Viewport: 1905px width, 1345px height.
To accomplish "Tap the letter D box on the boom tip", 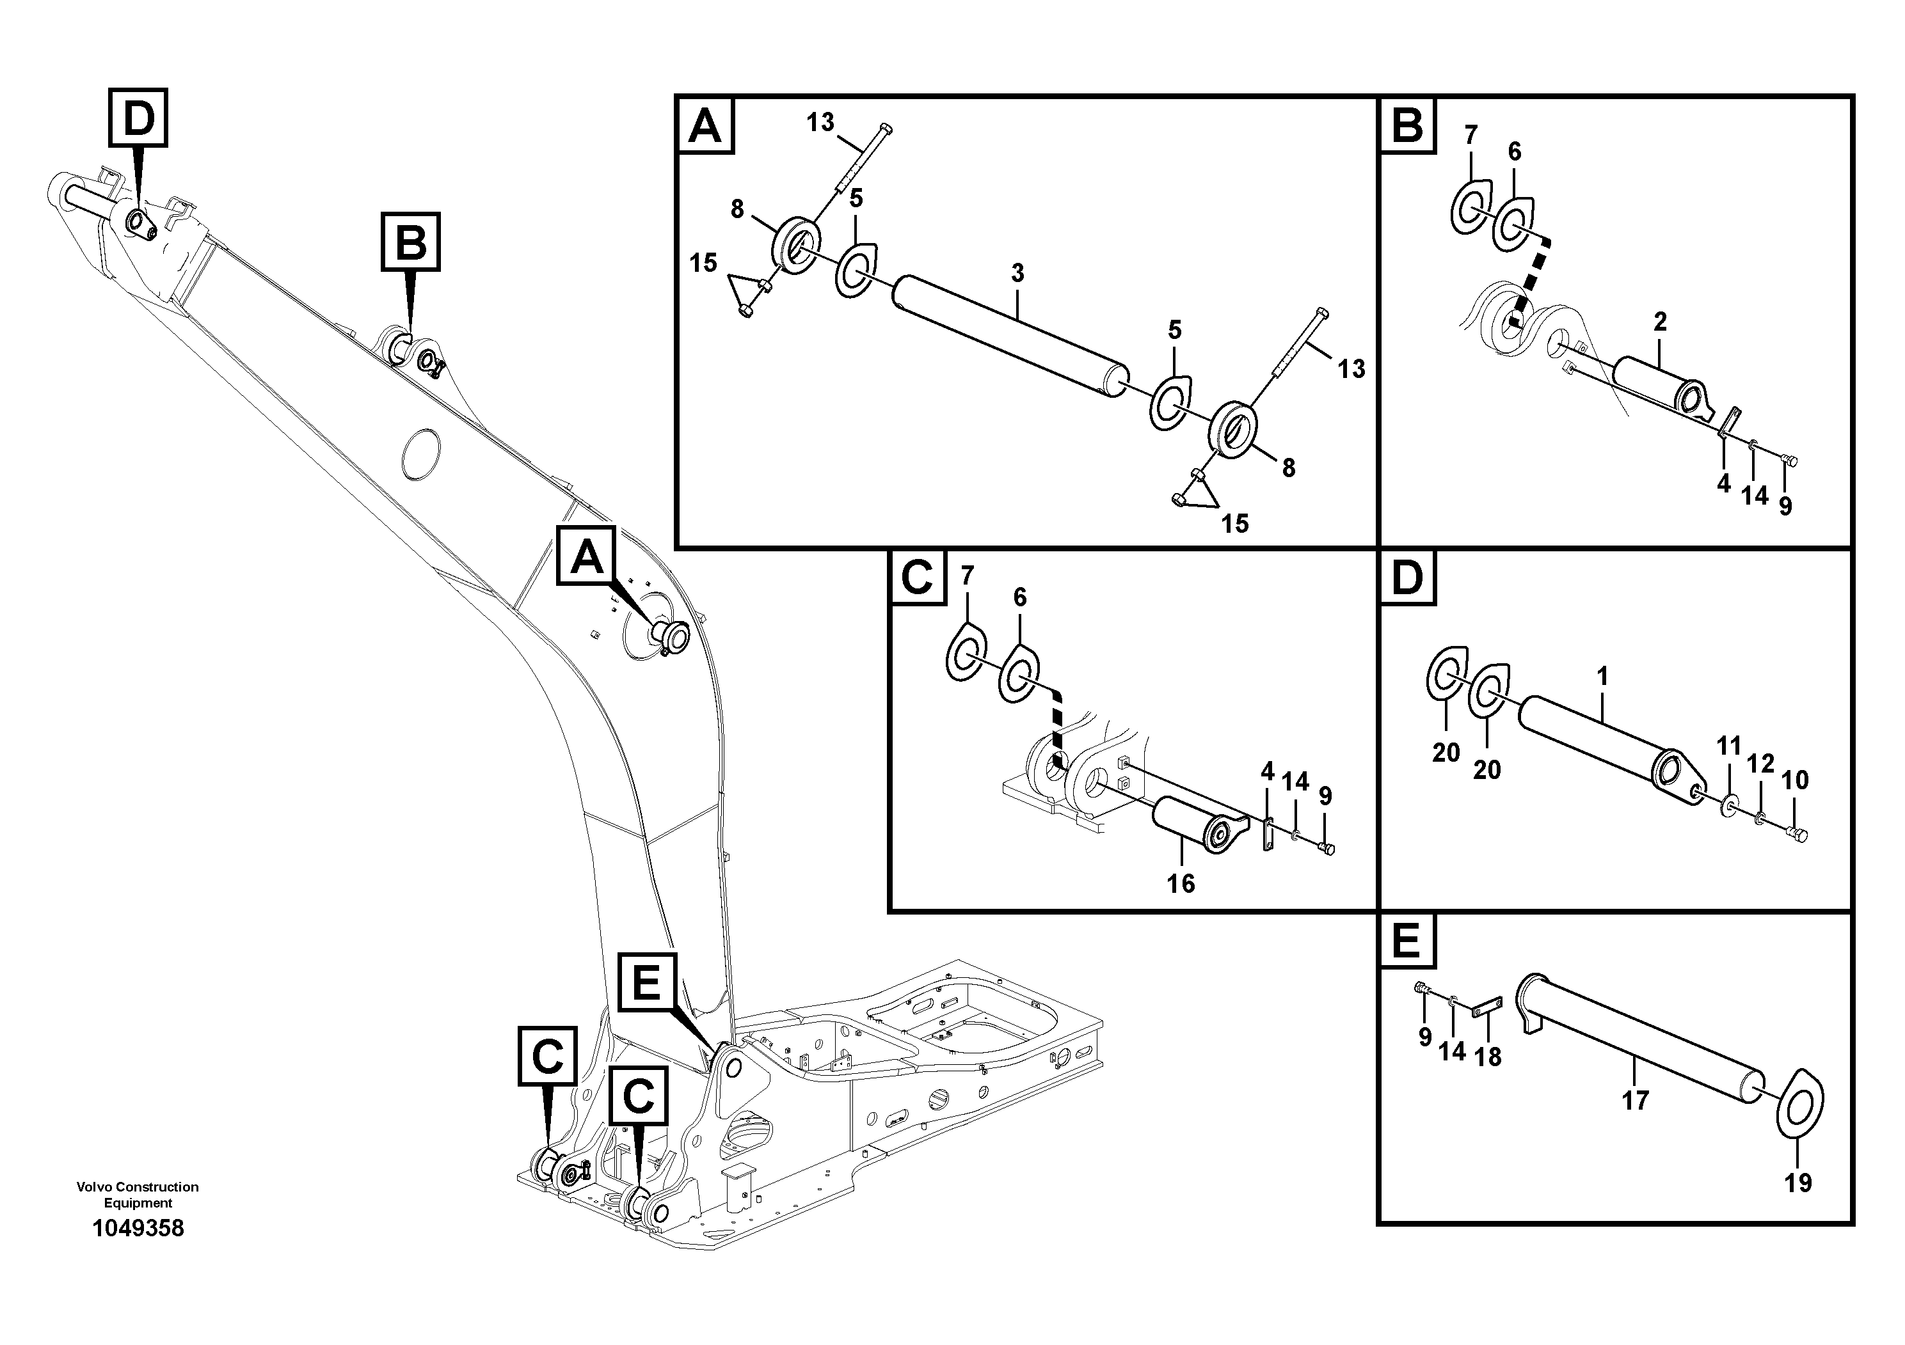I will tap(138, 118).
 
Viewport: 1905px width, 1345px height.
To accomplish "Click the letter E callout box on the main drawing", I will tap(646, 982).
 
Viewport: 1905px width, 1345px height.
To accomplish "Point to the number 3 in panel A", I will tap(1017, 273).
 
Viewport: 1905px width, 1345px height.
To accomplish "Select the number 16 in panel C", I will tap(1180, 884).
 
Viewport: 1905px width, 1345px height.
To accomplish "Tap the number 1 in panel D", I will tap(1602, 677).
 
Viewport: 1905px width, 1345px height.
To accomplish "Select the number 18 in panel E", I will tap(1488, 1057).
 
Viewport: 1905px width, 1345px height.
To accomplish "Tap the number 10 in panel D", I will tap(1795, 780).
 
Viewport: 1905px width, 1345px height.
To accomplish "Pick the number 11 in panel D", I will tap(1728, 746).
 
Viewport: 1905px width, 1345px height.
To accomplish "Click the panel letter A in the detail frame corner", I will tap(705, 126).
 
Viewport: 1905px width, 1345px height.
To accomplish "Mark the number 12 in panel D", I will tap(1760, 764).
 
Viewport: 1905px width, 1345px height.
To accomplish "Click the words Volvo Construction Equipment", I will tap(138, 1194).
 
